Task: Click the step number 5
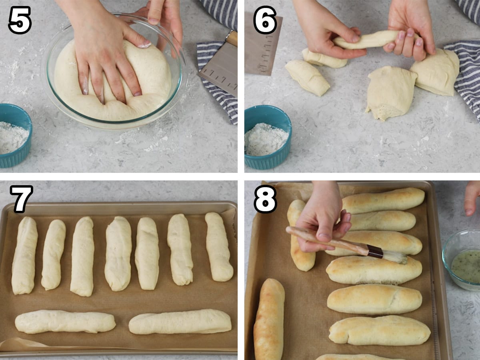[20, 20]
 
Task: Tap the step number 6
[265, 20]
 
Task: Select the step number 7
[21, 199]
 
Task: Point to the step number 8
[265, 199]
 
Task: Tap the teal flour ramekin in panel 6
[268, 137]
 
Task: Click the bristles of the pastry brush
[395, 258]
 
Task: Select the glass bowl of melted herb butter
[462, 260]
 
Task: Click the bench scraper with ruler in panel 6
[262, 44]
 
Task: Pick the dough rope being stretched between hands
[372, 40]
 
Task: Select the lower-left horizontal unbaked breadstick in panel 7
[65, 322]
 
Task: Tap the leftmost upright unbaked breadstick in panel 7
[24, 255]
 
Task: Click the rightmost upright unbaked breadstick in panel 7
[219, 246]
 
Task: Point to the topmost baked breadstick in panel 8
[384, 200]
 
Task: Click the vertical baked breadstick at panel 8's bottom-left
[270, 319]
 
